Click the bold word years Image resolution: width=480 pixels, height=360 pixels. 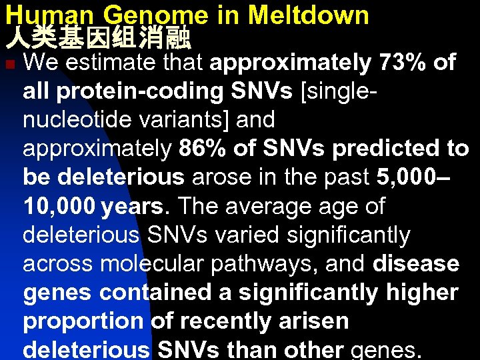pyautogui.click(x=132, y=207)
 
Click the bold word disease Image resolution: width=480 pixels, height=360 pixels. pyautogui.click(x=416, y=264)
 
